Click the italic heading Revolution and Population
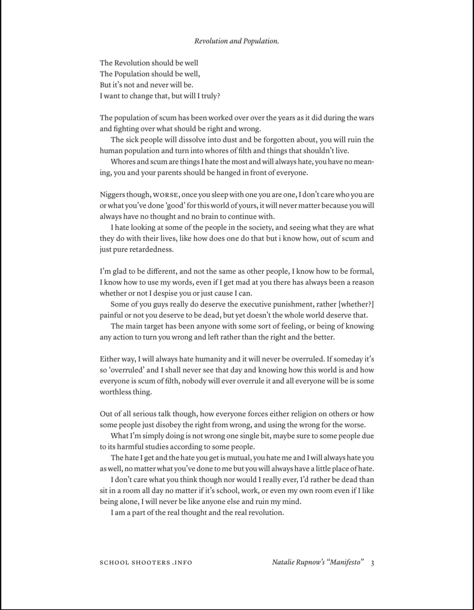click(237, 41)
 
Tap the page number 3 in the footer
click(372, 563)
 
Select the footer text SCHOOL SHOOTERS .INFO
click(146, 563)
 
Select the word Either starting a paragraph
click(110, 359)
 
